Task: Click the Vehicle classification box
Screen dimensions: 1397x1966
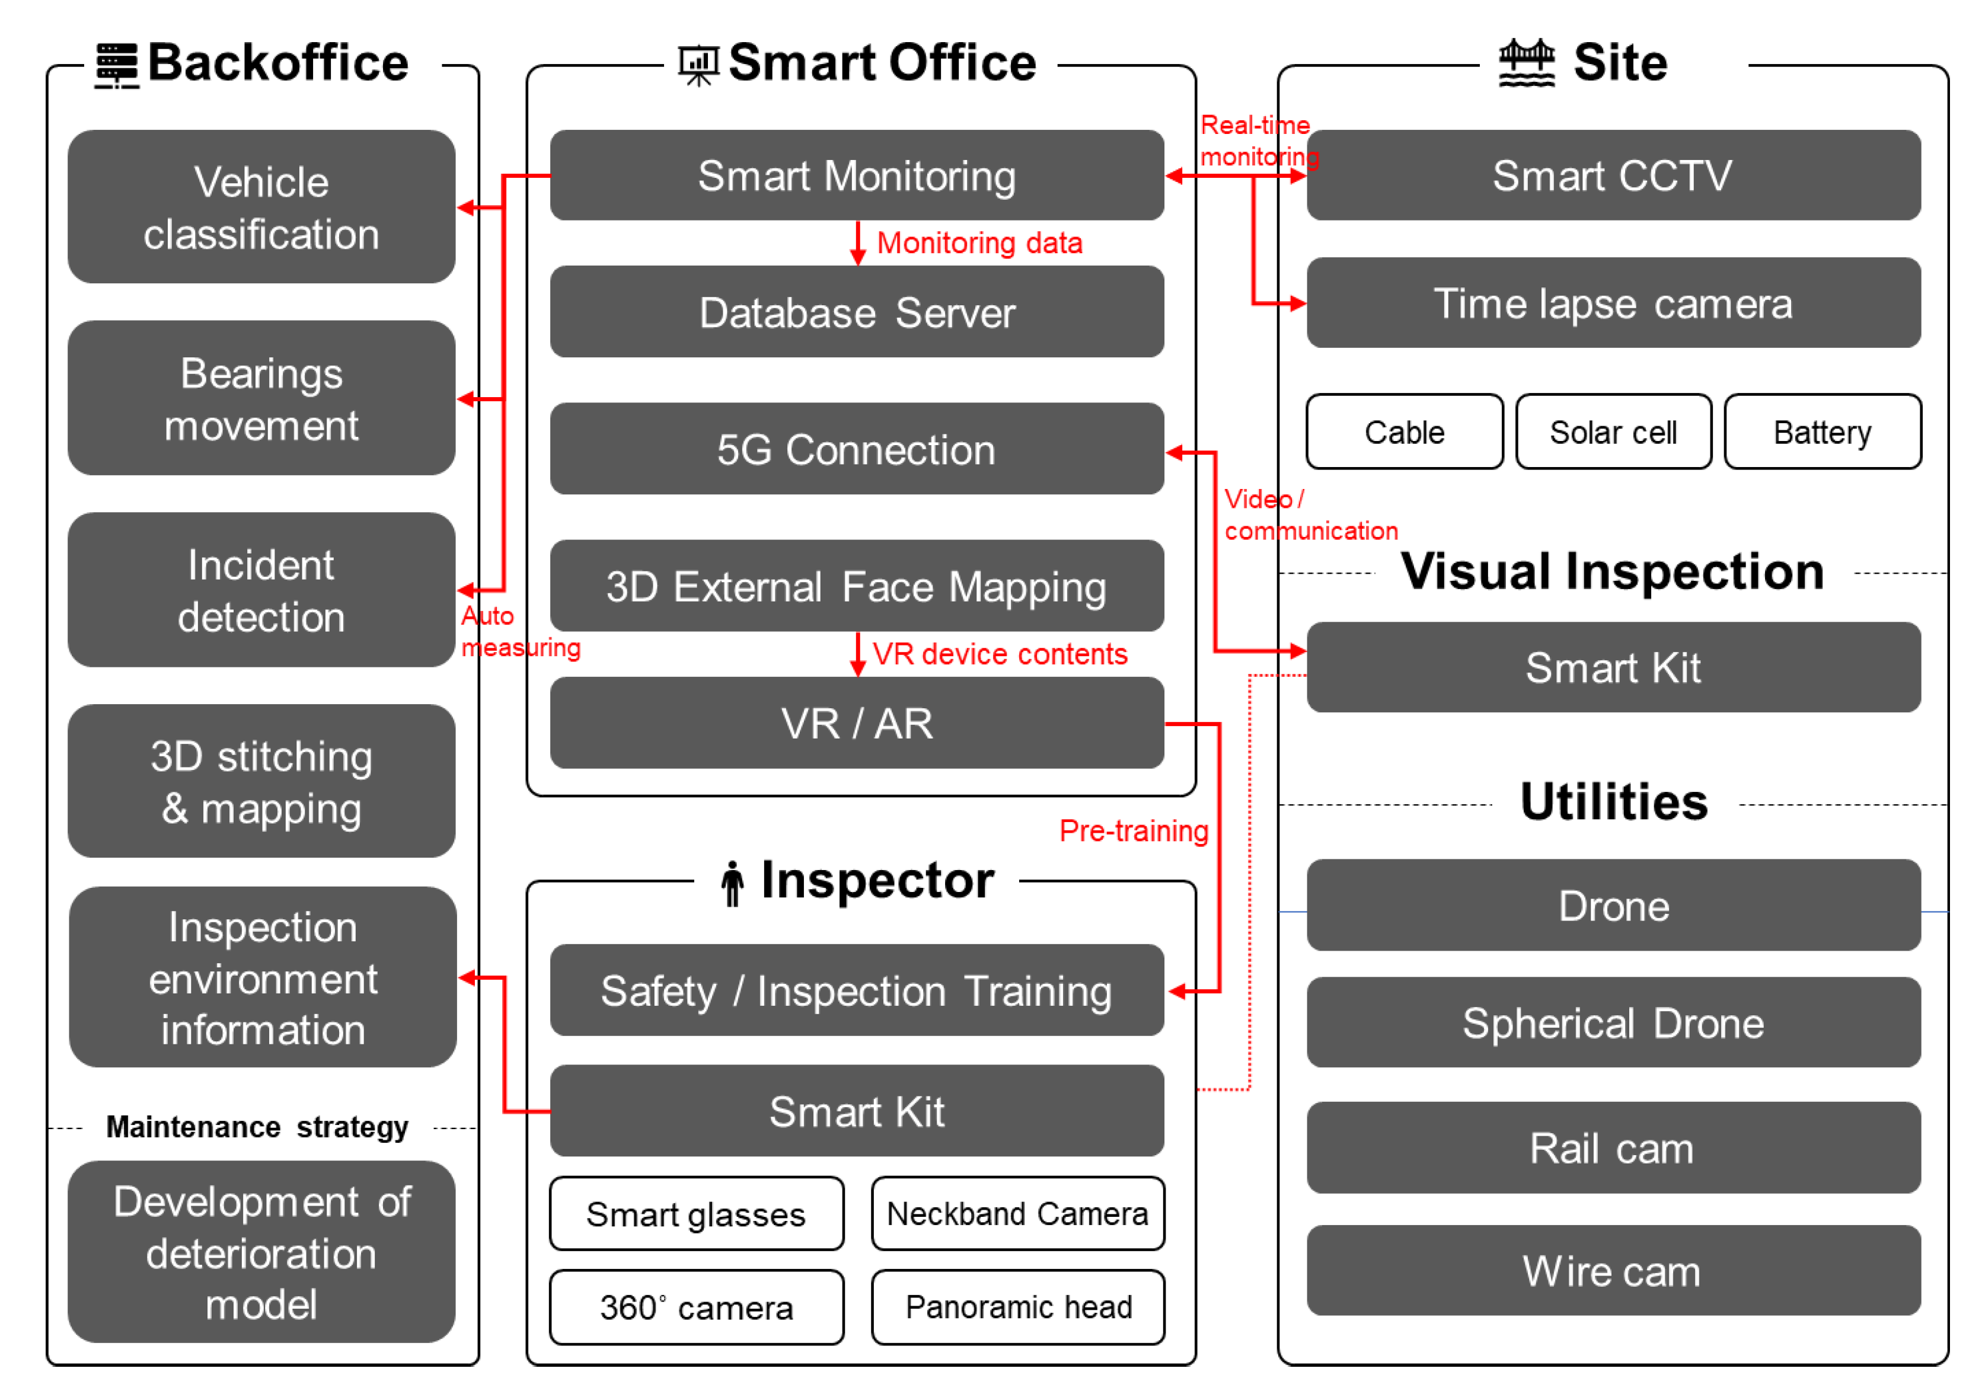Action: [x=261, y=207]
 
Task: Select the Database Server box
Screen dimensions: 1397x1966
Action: [x=856, y=312]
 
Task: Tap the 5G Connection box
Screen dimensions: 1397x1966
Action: [x=856, y=449]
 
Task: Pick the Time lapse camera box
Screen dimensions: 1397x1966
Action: [x=1613, y=303]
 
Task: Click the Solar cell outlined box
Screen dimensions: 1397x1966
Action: [x=1613, y=432]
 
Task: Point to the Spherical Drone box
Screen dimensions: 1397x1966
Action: [x=1613, y=1023]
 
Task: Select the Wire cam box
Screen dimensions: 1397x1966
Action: [x=1613, y=1271]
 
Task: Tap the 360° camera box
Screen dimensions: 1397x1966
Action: [x=696, y=1307]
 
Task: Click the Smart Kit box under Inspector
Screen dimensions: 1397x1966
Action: [x=856, y=1111]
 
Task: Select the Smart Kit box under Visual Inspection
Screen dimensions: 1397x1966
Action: [x=1613, y=667]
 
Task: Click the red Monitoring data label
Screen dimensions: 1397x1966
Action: [x=979, y=244]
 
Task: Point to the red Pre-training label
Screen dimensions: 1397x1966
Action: [x=1133, y=831]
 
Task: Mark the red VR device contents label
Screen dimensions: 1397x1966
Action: [x=999, y=654]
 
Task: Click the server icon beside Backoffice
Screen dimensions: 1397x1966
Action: [x=116, y=65]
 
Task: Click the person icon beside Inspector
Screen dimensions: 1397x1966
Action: [x=732, y=884]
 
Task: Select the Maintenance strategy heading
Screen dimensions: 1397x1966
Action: [x=256, y=1127]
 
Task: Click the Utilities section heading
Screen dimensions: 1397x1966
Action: [x=1613, y=802]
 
